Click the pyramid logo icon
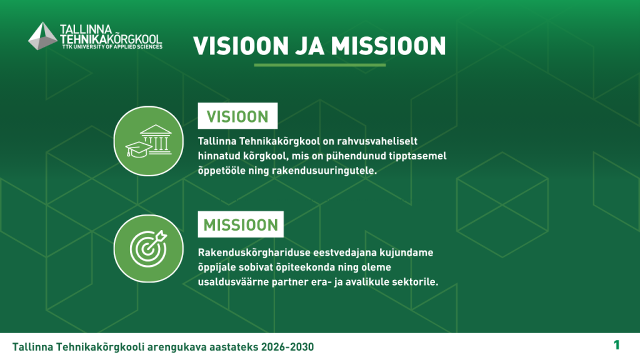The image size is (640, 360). point(42,36)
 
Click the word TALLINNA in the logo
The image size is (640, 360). point(86,29)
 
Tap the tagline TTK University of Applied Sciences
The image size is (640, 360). point(112,47)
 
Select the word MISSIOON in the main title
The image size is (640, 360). point(388,46)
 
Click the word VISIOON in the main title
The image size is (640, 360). point(241,46)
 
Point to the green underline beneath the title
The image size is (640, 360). point(319,65)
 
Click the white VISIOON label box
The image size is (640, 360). point(237,116)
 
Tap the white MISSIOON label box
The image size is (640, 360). point(241,224)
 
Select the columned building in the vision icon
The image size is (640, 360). point(156,139)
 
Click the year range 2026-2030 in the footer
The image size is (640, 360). point(287,347)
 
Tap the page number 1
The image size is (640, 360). point(617,345)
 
